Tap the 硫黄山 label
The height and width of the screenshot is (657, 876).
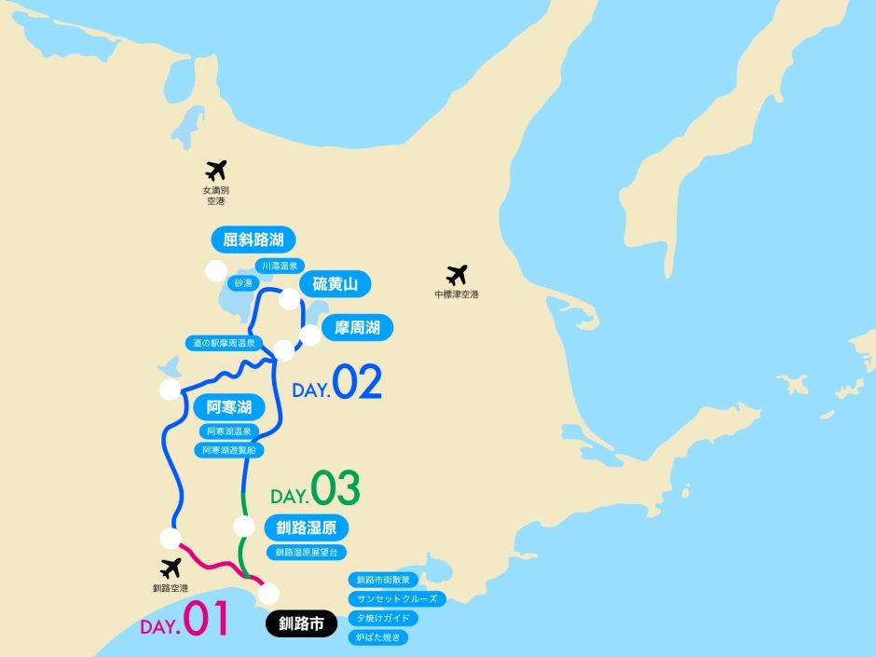pyautogui.click(x=335, y=283)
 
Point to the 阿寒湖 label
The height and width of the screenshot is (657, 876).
pyautogui.click(x=229, y=407)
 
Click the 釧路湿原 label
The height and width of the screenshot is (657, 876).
pyautogui.click(x=307, y=528)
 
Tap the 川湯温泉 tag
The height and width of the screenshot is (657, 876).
pyautogui.click(x=280, y=266)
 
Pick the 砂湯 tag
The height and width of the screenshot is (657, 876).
pyautogui.click(x=244, y=281)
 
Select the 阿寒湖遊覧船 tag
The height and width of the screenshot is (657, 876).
pyautogui.click(x=229, y=449)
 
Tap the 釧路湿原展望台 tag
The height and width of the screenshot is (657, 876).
pyautogui.click(x=305, y=553)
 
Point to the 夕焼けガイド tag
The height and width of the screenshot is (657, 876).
pyautogui.click(x=382, y=618)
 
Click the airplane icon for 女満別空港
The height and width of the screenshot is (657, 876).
pyautogui.click(x=216, y=171)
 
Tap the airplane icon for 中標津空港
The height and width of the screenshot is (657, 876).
pyautogui.click(x=457, y=275)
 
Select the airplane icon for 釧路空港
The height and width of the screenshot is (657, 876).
pyautogui.click(x=171, y=568)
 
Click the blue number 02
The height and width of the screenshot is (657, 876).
pyautogui.click(x=358, y=383)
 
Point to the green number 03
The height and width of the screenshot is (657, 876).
pyautogui.click(x=335, y=489)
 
